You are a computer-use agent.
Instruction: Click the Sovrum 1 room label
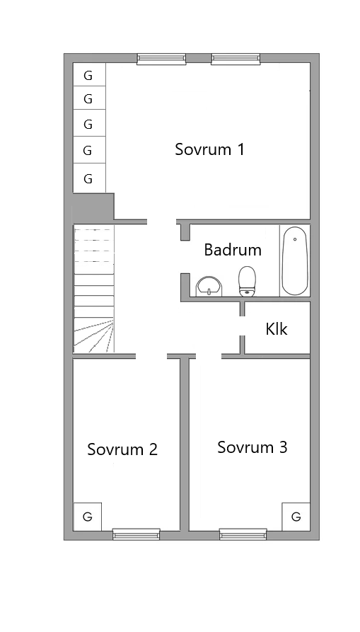click(209, 149)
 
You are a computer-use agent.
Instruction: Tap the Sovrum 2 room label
click(122, 449)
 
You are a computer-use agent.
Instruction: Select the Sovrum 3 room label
click(252, 447)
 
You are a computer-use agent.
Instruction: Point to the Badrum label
click(233, 250)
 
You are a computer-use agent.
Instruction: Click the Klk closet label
click(277, 329)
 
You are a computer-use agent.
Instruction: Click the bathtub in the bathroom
click(294, 260)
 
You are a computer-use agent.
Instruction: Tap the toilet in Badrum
click(247, 281)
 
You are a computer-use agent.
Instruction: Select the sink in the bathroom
click(209, 286)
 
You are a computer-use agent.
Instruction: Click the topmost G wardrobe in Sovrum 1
click(89, 75)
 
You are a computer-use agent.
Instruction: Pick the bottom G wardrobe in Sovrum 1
click(89, 178)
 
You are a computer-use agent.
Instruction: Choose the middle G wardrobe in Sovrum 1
click(89, 124)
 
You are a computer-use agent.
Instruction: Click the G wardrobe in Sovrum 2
click(88, 517)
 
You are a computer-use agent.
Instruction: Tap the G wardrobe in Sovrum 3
click(296, 516)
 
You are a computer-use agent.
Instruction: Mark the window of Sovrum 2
click(136, 534)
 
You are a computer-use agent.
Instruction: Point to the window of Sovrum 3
click(242, 534)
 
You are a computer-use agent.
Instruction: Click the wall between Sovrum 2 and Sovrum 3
click(184, 446)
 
